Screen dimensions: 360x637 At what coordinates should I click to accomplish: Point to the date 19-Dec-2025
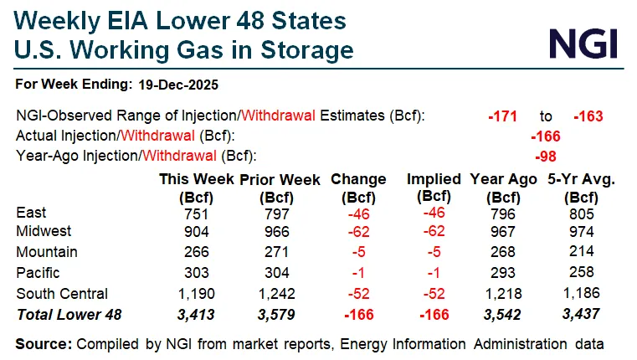coord(179,85)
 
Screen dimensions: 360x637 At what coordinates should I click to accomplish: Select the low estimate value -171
coord(505,116)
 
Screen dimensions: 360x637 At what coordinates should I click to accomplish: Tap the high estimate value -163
coord(588,116)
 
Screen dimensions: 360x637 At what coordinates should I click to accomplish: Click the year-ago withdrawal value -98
coord(545,155)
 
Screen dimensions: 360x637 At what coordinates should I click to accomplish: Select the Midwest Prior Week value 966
coord(275,232)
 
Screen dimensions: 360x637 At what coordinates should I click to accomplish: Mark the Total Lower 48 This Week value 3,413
coord(198,315)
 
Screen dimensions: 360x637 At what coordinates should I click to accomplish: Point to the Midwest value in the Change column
coord(358,232)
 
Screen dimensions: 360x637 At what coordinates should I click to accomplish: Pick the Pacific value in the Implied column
coord(434,273)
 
